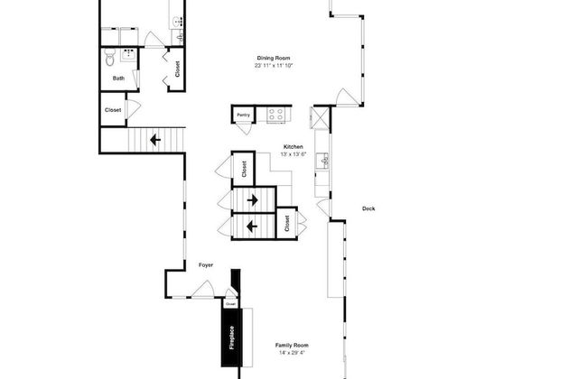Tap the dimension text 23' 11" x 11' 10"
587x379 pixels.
pyautogui.click(x=274, y=66)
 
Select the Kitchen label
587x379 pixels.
pyautogui.click(x=293, y=146)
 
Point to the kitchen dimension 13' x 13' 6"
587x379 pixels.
pyautogui.click(x=293, y=154)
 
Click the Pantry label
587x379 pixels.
pyautogui.click(x=242, y=116)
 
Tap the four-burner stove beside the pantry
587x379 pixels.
pyautogui.click(x=275, y=115)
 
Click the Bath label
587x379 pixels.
pyautogui.click(x=118, y=79)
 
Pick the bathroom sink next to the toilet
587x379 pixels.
pyautogui.click(x=129, y=55)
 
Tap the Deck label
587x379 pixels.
pyautogui.click(x=368, y=208)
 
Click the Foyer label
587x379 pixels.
pyautogui.click(x=206, y=265)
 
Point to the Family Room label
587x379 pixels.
pyautogui.click(x=292, y=345)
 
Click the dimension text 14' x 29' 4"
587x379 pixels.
pyautogui.click(x=292, y=353)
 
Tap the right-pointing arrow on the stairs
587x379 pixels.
pyautogui.click(x=253, y=199)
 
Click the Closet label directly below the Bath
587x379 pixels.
pyautogui.click(x=113, y=110)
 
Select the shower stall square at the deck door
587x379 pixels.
pyautogui.click(x=319, y=118)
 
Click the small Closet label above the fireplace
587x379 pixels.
pyautogui.click(x=230, y=304)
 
